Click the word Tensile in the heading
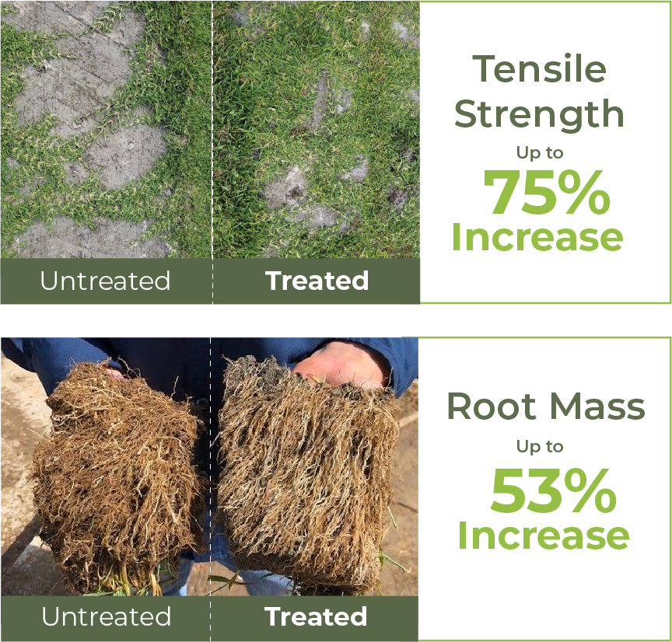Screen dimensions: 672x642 [x=539, y=68]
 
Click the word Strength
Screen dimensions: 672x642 [x=539, y=114]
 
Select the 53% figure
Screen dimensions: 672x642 [x=553, y=490]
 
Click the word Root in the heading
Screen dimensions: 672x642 [x=492, y=406]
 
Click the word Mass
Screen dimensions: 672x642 [x=597, y=406]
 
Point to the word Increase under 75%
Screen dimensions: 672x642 [x=537, y=237]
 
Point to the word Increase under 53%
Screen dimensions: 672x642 [x=544, y=535]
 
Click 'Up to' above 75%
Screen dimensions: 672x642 [x=540, y=153]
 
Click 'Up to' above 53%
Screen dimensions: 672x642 [x=540, y=447]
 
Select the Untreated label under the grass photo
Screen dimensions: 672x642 [x=106, y=281]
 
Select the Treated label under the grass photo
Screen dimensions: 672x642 [x=317, y=281]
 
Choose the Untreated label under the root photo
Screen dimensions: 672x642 [x=107, y=616]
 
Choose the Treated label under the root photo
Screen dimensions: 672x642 [x=316, y=616]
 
